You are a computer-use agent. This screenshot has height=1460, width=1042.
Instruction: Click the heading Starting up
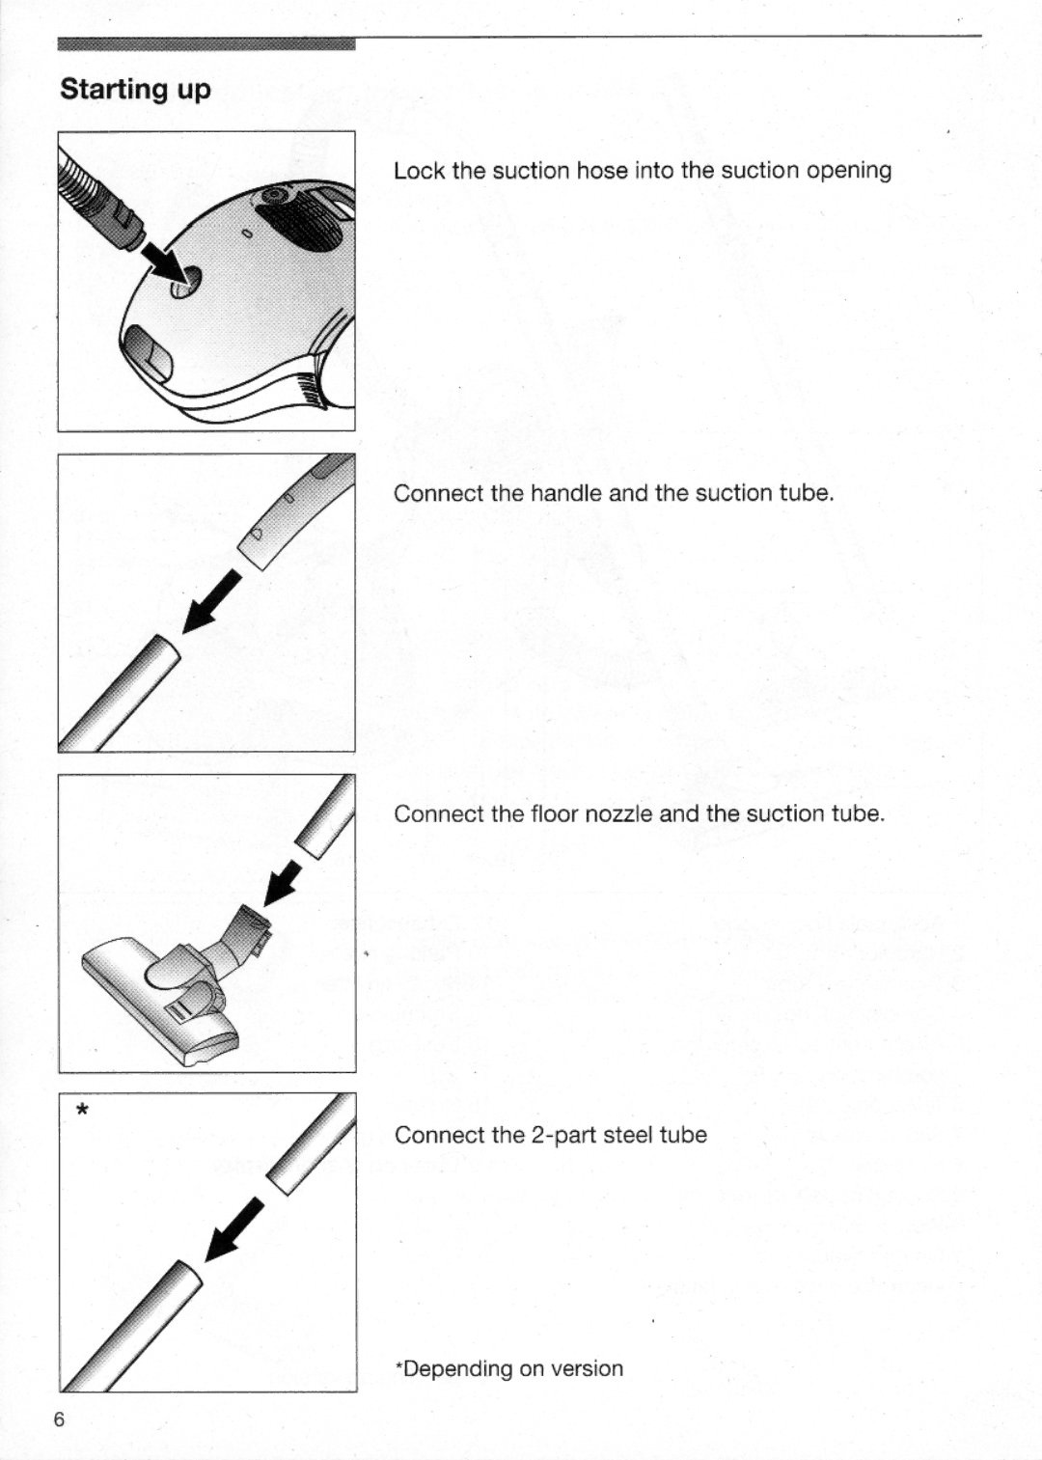[x=135, y=89]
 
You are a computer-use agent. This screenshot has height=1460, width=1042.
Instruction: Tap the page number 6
[x=60, y=1419]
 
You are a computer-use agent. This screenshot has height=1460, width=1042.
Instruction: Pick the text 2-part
[x=562, y=1135]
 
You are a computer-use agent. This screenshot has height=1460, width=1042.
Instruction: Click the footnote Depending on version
[x=509, y=1368]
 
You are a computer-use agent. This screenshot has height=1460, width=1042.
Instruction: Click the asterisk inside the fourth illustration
[x=83, y=1111]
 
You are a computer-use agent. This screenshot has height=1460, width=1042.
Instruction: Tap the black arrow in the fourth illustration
[x=234, y=1228]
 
